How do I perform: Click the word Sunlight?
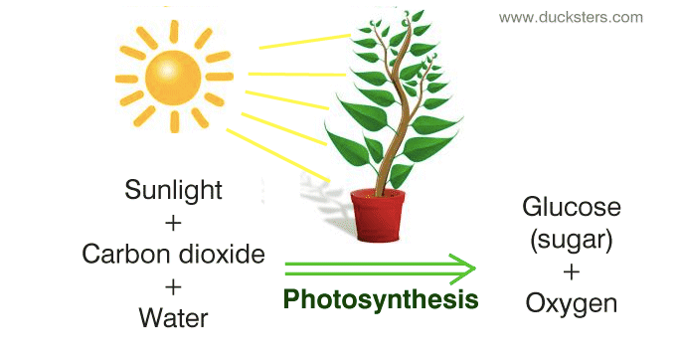click(x=174, y=190)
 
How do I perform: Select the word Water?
click(x=174, y=318)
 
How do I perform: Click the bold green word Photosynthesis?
click(x=381, y=298)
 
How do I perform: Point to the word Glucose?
click(x=572, y=208)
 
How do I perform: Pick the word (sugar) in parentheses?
click(x=572, y=239)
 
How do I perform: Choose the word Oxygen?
click(x=572, y=302)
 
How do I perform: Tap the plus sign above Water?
click(x=174, y=286)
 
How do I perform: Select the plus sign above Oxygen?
click(x=572, y=270)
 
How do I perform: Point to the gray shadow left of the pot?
click(x=328, y=210)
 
